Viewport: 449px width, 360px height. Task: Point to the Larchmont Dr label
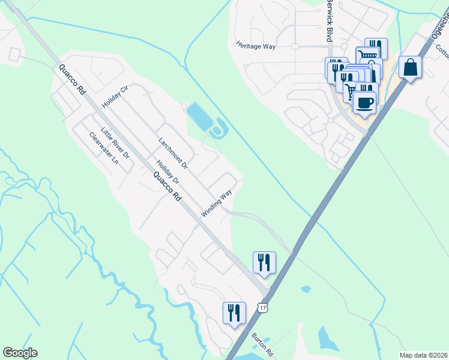(173, 152)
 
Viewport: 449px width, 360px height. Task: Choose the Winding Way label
(217, 203)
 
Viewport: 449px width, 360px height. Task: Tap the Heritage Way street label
(256, 46)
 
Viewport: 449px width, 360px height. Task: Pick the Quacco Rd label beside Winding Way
(167, 186)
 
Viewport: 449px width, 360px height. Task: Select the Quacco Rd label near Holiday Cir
(73, 80)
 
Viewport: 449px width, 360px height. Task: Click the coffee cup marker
(365, 102)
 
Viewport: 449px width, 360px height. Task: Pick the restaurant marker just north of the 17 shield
(264, 262)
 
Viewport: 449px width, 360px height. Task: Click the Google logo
(20, 353)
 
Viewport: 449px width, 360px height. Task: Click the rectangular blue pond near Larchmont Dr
(199, 117)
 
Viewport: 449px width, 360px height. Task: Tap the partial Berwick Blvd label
(328, 24)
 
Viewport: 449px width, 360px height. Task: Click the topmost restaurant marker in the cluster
(376, 49)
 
